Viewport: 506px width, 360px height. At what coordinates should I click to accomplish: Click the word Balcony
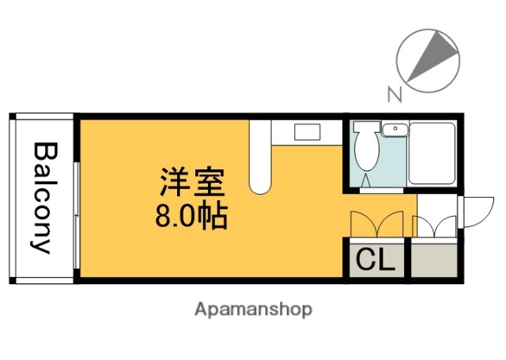click(x=43, y=197)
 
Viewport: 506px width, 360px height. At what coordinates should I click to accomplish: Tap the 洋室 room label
click(x=193, y=184)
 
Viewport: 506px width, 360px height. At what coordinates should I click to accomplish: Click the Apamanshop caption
click(x=253, y=308)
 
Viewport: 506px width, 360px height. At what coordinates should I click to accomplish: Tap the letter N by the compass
click(x=393, y=95)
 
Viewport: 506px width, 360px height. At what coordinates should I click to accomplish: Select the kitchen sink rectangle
click(x=306, y=131)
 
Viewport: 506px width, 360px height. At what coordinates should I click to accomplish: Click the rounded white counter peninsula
click(x=259, y=158)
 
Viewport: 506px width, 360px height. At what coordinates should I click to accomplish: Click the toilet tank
click(x=365, y=129)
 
